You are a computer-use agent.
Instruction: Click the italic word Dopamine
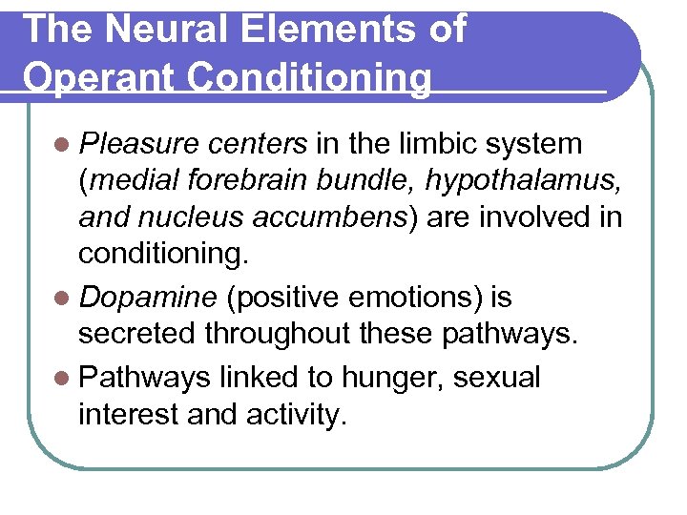(149, 299)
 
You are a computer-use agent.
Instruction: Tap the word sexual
(496, 378)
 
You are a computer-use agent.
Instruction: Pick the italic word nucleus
(198, 218)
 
